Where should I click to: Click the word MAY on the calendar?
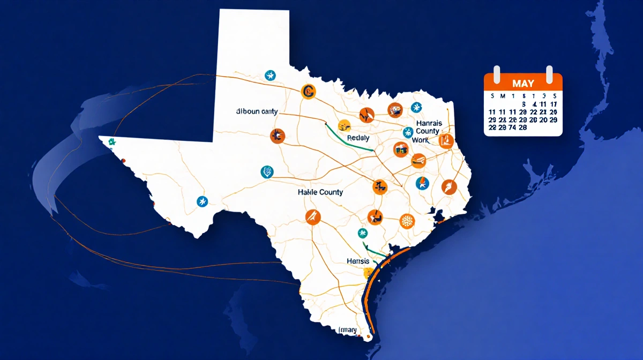[x=522, y=84]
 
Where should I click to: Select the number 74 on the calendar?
[x=513, y=127]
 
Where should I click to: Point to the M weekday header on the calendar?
[x=502, y=96]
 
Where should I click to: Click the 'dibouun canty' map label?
[x=256, y=112]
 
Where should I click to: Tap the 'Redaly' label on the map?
[x=358, y=138]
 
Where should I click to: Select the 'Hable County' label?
[x=320, y=192]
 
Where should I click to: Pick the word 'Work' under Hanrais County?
[x=421, y=139]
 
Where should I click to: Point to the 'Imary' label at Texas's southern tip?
[x=347, y=329]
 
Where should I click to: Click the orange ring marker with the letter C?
[x=308, y=92]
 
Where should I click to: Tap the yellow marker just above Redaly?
[x=346, y=125]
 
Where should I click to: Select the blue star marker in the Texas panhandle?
[x=270, y=76]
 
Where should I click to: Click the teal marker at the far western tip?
[x=112, y=142]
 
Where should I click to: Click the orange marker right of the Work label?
[x=446, y=141]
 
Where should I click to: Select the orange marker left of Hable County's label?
[x=277, y=136]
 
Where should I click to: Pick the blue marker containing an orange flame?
[x=422, y=183]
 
